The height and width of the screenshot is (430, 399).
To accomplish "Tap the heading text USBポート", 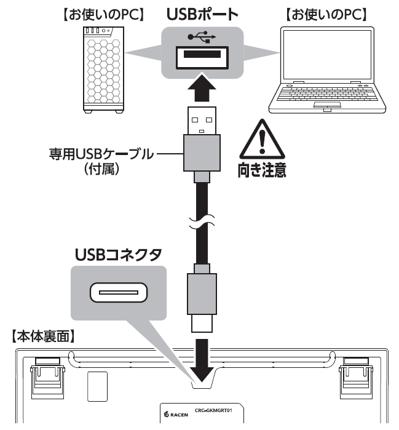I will click(200, 15).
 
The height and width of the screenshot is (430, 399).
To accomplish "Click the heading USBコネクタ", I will click(117, 254).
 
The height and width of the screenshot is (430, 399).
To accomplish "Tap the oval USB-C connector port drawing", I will click(118, 293).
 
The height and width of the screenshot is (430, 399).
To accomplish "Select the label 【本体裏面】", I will click(43, 336).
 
